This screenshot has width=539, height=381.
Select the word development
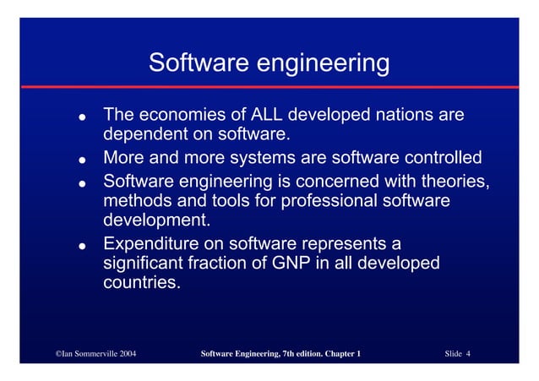pos(156,222)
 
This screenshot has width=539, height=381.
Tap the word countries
pos(141,284)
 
